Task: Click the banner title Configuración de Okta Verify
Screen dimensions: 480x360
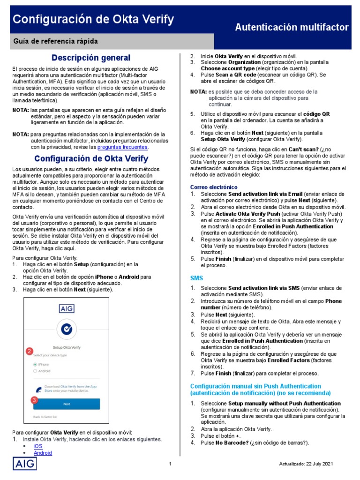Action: click(x=93, y=20)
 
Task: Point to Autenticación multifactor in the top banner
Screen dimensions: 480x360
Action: click(x=292, y=28)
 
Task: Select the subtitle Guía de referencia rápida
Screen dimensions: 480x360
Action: click(x=55, y=42)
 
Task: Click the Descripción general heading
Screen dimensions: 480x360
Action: click(x=91, y=58)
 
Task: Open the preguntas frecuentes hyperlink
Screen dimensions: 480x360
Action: click(x=122, y=147)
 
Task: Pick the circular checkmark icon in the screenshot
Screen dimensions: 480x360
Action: click(x=66, y=330)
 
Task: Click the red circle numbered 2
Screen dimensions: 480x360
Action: click(x=29, y=351)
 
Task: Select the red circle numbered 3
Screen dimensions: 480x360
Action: click(x=34, y=400)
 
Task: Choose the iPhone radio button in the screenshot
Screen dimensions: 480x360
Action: click(x=35, y=364)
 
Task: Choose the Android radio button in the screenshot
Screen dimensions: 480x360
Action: click(x=35, y=371)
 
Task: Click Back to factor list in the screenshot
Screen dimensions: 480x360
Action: click(x=45, y=417)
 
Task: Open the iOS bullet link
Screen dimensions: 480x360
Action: click(x=38, y=446)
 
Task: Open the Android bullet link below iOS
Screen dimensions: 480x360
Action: click(x=43, y=453)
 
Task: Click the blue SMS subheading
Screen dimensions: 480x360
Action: click(x=196, y=278)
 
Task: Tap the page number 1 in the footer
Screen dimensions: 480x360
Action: click(x=171, y=464)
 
